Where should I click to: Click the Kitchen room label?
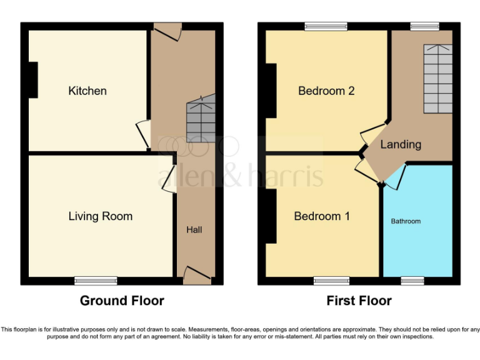coord(87,91)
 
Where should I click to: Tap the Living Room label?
coord(100,216)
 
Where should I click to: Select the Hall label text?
coord(194,230)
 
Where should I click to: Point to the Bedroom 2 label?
coord(326,91)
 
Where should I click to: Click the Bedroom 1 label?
coord(322,216)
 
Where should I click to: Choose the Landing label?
coord(401,144)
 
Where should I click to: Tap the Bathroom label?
coord(406,221)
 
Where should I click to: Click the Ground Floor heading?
coord(122,301)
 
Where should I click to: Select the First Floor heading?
coord(359,301)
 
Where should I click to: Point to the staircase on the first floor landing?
coord(437,78)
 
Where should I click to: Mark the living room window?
coord(96,281)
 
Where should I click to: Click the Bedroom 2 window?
coord(326,26)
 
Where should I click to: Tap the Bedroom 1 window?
coord(331,281)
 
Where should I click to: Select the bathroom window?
coord(412,281)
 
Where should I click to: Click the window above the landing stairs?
coord(424,26)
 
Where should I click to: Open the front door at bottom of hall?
coord(197,276)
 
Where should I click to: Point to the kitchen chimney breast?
coord(32,79)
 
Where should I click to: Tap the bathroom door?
coord(396,176)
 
